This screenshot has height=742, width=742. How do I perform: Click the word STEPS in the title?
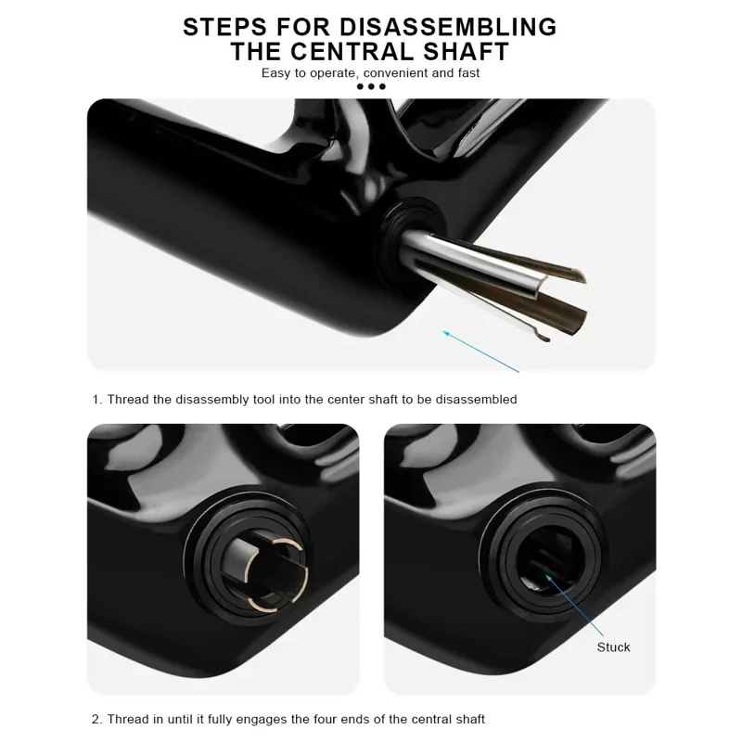(224, 27)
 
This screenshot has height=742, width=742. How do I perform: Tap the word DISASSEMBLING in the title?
(448, 27)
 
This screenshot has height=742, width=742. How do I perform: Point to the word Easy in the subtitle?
(275, 73)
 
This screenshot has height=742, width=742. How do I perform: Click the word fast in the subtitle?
(468, 73)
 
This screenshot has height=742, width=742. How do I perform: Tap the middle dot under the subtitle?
(371, 86)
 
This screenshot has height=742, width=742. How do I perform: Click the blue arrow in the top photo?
(480, 352)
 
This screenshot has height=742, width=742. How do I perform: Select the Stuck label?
(613, 647)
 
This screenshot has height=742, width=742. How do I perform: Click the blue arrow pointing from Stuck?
(574, 606)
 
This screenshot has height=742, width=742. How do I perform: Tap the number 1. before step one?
(97, 400)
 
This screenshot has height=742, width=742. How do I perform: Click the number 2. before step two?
(97, 720)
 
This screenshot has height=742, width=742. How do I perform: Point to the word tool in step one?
(264, 400)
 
